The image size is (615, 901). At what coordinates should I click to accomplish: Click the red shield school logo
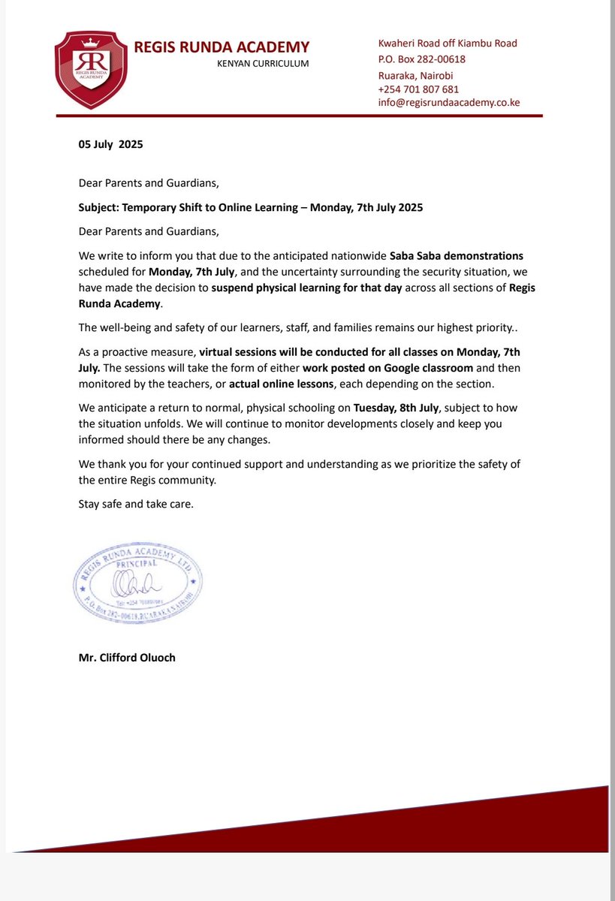(90, 69)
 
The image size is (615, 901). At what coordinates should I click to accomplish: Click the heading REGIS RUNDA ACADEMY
(222, 47)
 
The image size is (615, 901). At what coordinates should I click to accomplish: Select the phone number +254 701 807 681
(418, 89)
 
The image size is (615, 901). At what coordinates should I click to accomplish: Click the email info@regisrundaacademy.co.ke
(448, 103)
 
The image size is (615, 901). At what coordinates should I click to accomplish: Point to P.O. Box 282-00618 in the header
(421, 59)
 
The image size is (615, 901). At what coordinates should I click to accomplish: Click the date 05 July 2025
(110, 144)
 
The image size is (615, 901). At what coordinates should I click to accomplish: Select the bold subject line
(251, 207)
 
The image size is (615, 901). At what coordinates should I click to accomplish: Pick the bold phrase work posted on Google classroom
(387, 368)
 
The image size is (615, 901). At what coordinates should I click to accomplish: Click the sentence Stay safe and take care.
(136, 504)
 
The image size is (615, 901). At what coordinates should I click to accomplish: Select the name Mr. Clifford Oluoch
(128, 658)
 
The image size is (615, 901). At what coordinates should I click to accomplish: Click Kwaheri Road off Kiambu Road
(447, 43)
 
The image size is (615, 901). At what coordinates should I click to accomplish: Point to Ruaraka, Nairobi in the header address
(415, 75)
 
